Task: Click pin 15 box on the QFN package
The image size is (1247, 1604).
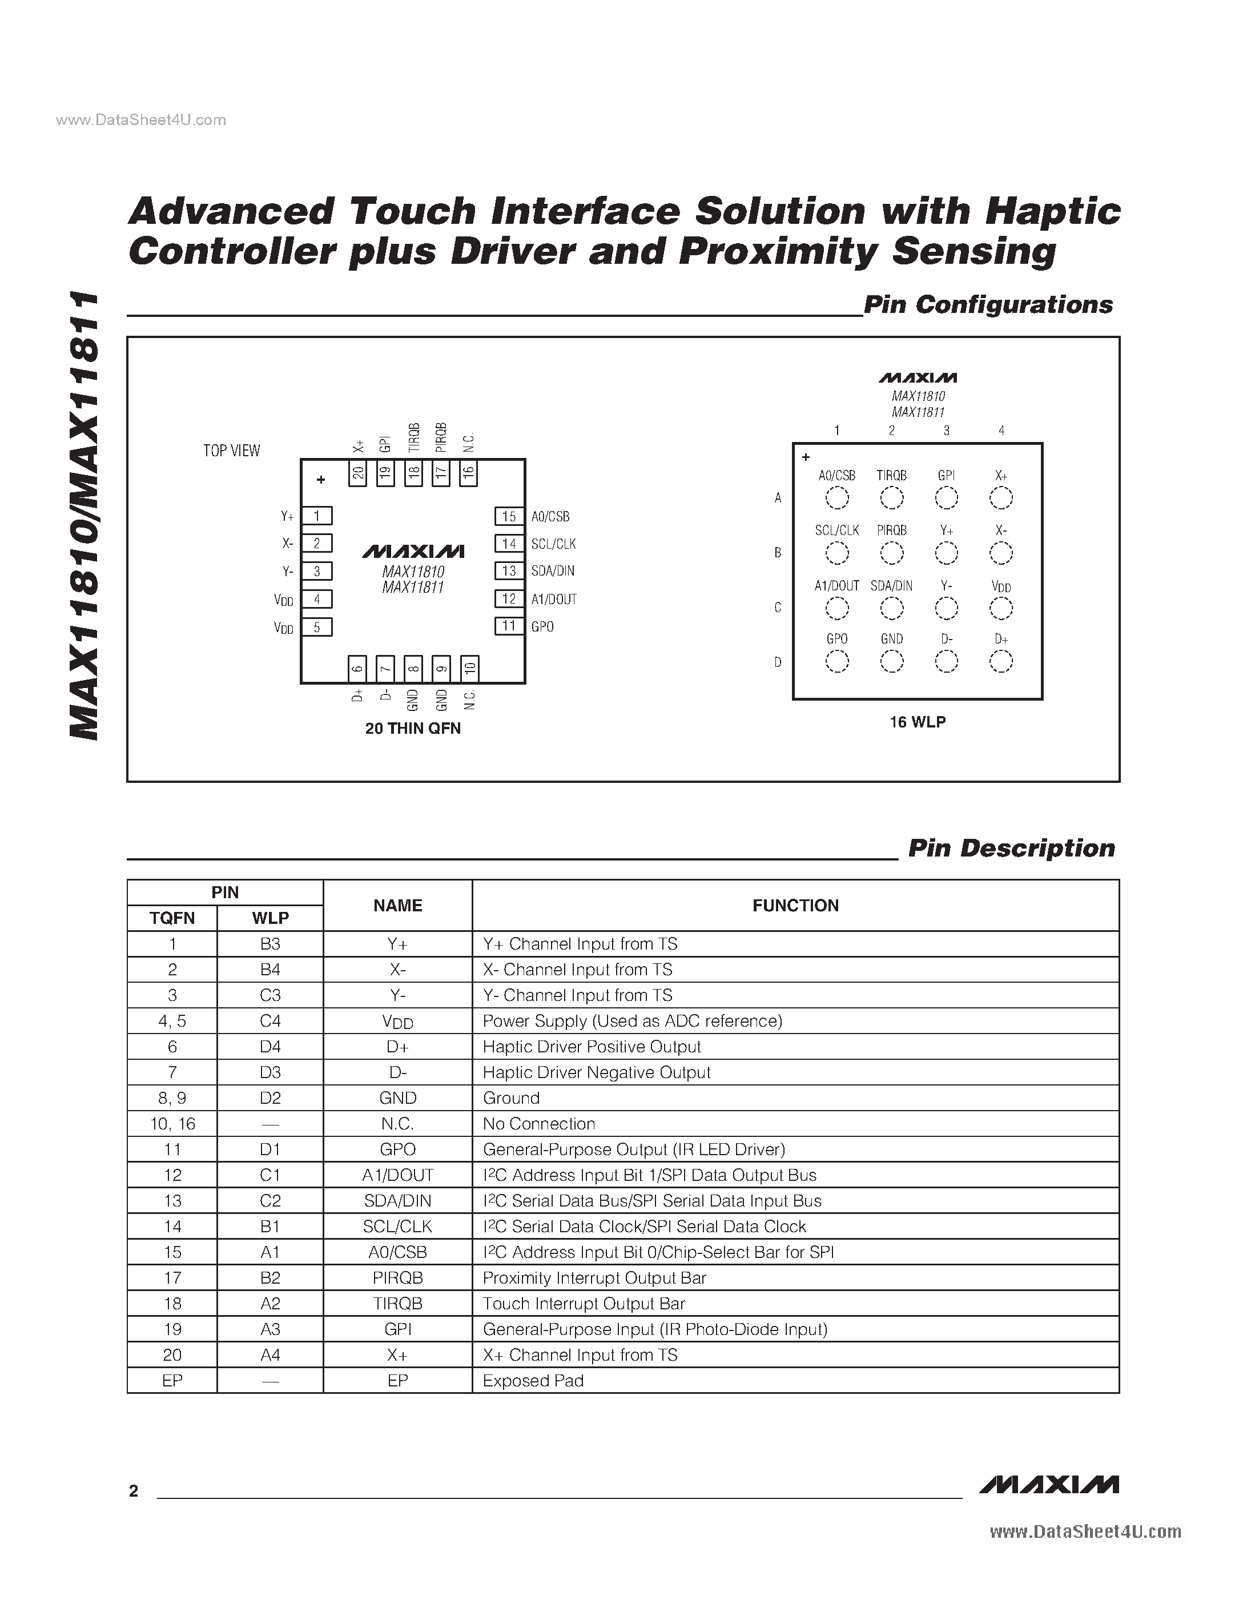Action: (509, 516)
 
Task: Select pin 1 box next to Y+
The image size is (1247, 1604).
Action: (317, 516)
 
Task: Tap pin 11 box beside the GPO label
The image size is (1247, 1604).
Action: (509, 626)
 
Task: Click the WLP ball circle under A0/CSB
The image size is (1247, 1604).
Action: (836, 499)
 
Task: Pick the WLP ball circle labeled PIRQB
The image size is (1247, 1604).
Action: (891, 553)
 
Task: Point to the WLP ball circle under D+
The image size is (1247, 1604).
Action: (1001, 662)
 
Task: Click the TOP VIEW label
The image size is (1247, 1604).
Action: (231, 450)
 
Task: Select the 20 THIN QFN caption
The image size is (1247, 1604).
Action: (413, 728)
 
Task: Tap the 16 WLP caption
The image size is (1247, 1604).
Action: (917, 722)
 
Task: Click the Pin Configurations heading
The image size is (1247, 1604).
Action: (988, 305)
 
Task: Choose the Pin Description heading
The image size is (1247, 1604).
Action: (1011, 849)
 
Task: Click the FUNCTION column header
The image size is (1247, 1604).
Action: (795, 906)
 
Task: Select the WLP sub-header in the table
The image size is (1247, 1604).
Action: (270, 918)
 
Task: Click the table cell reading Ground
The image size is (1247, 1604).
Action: (511, 1098)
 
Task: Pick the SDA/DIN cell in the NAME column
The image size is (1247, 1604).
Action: (397, 1201)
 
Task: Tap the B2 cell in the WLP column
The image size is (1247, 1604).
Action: (270, 1278)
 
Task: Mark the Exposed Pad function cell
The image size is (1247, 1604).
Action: (533, 1381)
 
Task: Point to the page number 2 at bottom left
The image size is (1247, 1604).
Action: (134, 1491)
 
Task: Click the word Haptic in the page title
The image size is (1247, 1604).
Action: (1052, 211)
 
